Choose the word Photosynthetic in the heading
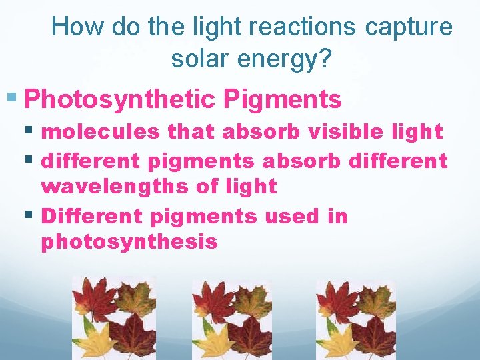120,100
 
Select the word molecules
100,132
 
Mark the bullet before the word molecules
31,131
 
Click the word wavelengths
115,187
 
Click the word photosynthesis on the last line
129,241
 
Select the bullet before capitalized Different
31,215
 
